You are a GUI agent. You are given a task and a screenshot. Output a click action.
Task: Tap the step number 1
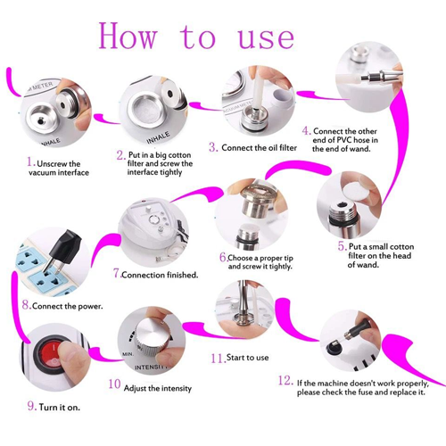point(29,163)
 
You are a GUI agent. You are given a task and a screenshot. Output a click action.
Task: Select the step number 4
point(306,130)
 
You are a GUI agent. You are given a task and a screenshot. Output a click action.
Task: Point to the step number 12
point(285,380)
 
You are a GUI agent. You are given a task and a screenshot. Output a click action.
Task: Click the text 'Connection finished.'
point(160,275)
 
